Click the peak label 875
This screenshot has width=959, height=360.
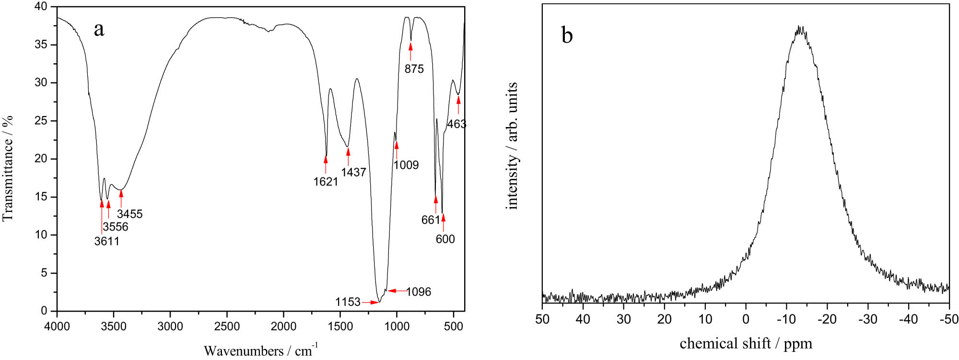[414, 69]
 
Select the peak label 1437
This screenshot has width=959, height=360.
[353, 173]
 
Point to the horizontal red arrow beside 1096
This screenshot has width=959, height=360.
[397, 290]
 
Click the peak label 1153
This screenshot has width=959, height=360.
[348, 302]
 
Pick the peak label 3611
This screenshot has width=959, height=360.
[106, 241]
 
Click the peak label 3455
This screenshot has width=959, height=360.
[129, 214]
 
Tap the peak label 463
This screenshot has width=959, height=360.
[456, 124]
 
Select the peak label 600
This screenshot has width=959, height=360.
[445, 239]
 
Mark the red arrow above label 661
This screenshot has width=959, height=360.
[436, 204]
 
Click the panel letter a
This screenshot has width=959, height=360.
[99, 30]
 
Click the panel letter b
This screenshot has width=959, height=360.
[567, 35]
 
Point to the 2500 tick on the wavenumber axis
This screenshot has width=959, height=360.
[227, 327]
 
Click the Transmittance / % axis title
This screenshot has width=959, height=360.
[8, 168]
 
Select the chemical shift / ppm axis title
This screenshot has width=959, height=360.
[746, 344]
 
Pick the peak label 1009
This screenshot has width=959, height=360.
[406, 165]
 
